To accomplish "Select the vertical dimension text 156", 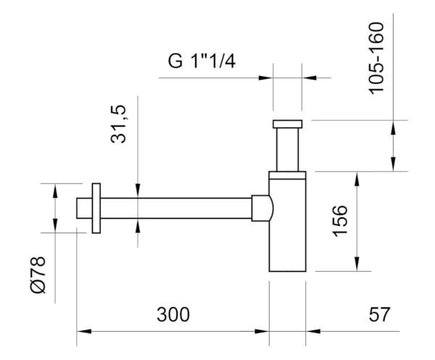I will click(x=339, y=222).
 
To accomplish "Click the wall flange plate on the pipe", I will click(x=95, y=208).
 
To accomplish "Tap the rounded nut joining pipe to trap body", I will click(x=262, y=208).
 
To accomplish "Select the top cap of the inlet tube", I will click(x=288, y=124).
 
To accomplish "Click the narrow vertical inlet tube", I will click(x=288, y=149).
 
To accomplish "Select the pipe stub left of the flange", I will click(x=83, y=208).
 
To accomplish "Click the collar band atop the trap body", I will click(x=288, y=175).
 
